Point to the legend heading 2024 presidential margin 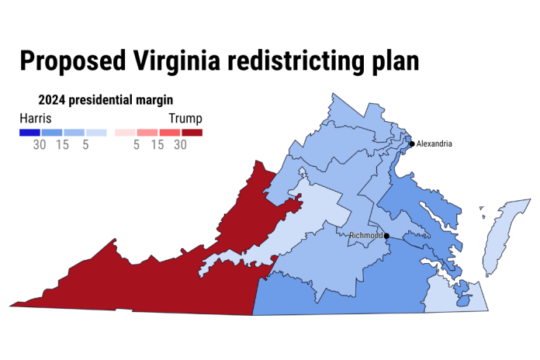tap(106, 100)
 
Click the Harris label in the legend tap(35, 119)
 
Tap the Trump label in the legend tap(185, 119)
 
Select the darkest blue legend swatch tap(29, 133)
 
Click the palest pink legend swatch tap(125, 133)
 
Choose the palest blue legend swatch tap(96, 133)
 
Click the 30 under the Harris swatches tap(40, 145)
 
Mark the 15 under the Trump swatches tap(157, 145)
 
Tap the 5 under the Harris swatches tap(85, 145)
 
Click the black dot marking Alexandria tap(411, 144)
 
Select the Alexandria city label tap(434, 144)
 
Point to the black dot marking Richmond tap(386, 235)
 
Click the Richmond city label tap(365, 235)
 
